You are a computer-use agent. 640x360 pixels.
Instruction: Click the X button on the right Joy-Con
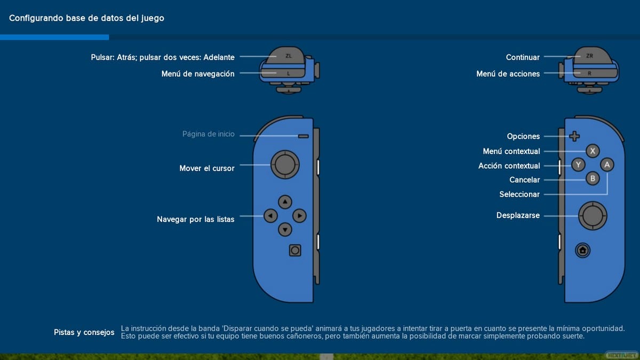(x=593, y=151)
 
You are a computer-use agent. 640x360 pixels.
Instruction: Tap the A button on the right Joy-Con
(x=607, y=165)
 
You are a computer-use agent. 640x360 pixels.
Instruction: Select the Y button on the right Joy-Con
(x=578, y=165)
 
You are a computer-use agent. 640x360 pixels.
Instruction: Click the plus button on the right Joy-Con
(x=574, y=136)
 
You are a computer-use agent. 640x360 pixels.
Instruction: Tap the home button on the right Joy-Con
(x=582, y=250)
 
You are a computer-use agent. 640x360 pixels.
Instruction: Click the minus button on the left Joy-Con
(x=303, y=136)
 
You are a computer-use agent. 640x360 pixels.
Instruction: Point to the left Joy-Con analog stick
(x=285, y=165)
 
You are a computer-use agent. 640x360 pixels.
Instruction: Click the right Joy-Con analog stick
(x=592, y=215)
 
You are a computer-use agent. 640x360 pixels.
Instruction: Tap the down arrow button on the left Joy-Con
(x=285, y=230)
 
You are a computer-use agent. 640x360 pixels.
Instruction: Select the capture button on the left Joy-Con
(x=295, y=250)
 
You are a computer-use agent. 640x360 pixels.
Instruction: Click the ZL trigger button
(x=289, y=55)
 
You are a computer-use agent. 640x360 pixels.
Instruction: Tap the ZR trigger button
(x=589, y=55)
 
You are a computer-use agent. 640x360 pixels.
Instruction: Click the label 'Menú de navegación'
(x=198, y=74)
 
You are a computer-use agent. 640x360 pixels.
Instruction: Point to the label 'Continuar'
(x=523, y=57)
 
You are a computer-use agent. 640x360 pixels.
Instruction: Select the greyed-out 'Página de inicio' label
(x=208, y=134)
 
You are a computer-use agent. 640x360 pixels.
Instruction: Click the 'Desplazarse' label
(x=518, y=215)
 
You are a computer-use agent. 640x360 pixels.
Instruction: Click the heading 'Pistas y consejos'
(x=84, y=332)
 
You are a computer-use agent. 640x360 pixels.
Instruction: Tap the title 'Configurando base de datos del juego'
(x=86, y=18)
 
